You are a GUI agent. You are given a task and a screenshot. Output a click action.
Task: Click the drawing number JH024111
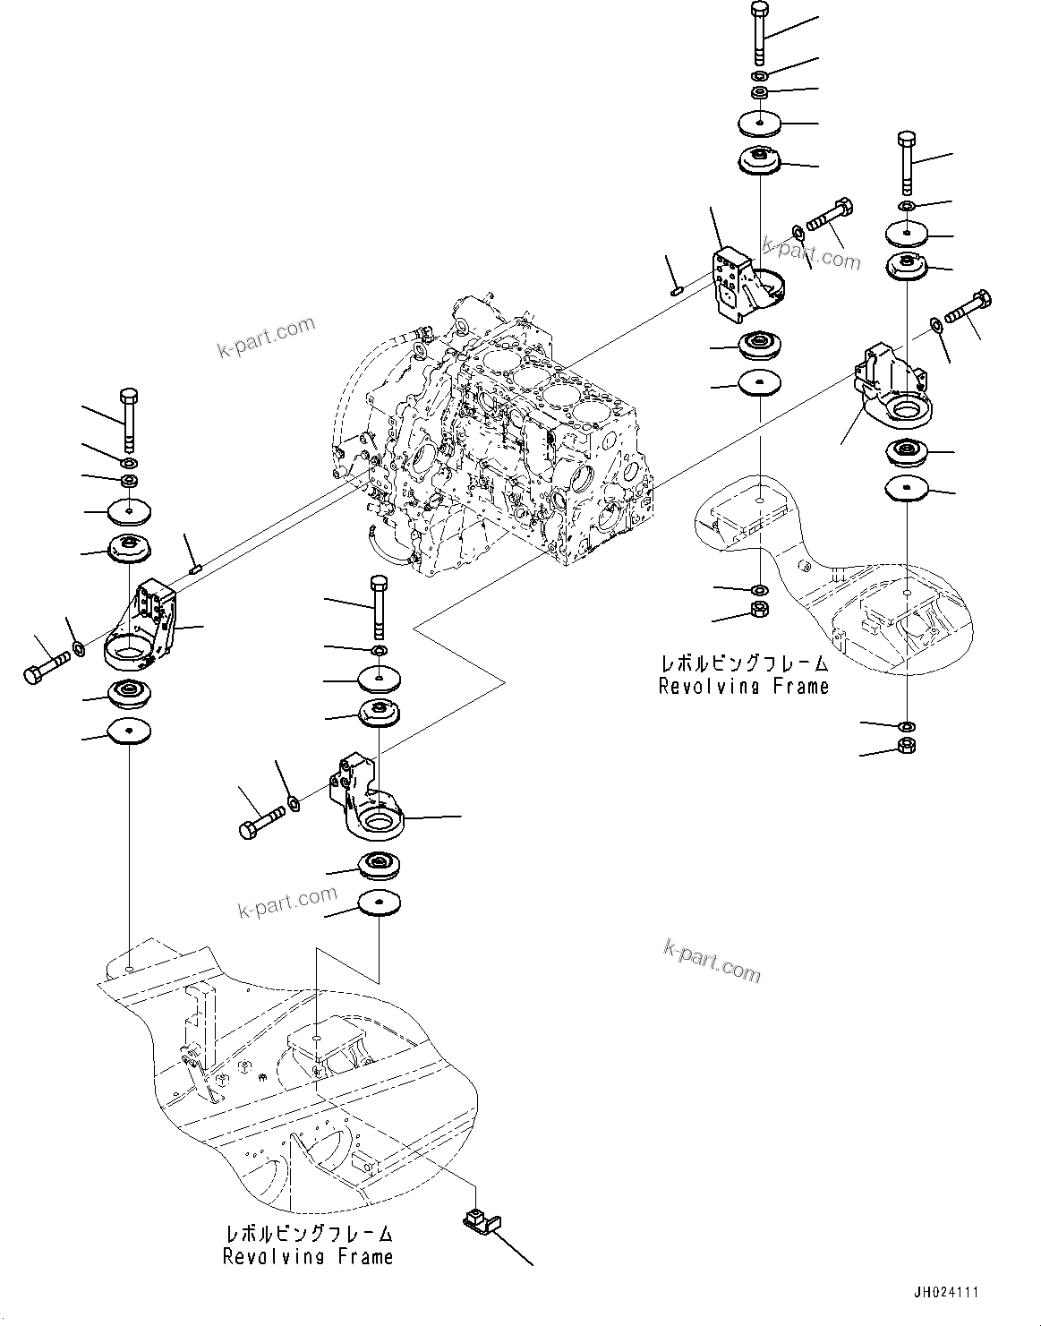946,1293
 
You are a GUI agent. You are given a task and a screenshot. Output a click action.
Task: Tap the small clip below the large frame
477,1221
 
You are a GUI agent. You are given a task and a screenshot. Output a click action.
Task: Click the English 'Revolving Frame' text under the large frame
308,1257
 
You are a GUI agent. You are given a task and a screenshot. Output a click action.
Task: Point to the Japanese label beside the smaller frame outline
744,664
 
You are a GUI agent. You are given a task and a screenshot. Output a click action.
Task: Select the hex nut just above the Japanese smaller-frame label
759,612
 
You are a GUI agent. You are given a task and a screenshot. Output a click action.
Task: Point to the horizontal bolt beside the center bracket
262,820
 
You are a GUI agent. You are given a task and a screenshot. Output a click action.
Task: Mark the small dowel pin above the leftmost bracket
197,565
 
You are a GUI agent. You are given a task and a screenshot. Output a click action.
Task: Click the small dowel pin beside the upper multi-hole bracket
678,288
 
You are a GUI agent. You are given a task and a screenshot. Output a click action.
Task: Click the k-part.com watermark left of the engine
267,336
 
